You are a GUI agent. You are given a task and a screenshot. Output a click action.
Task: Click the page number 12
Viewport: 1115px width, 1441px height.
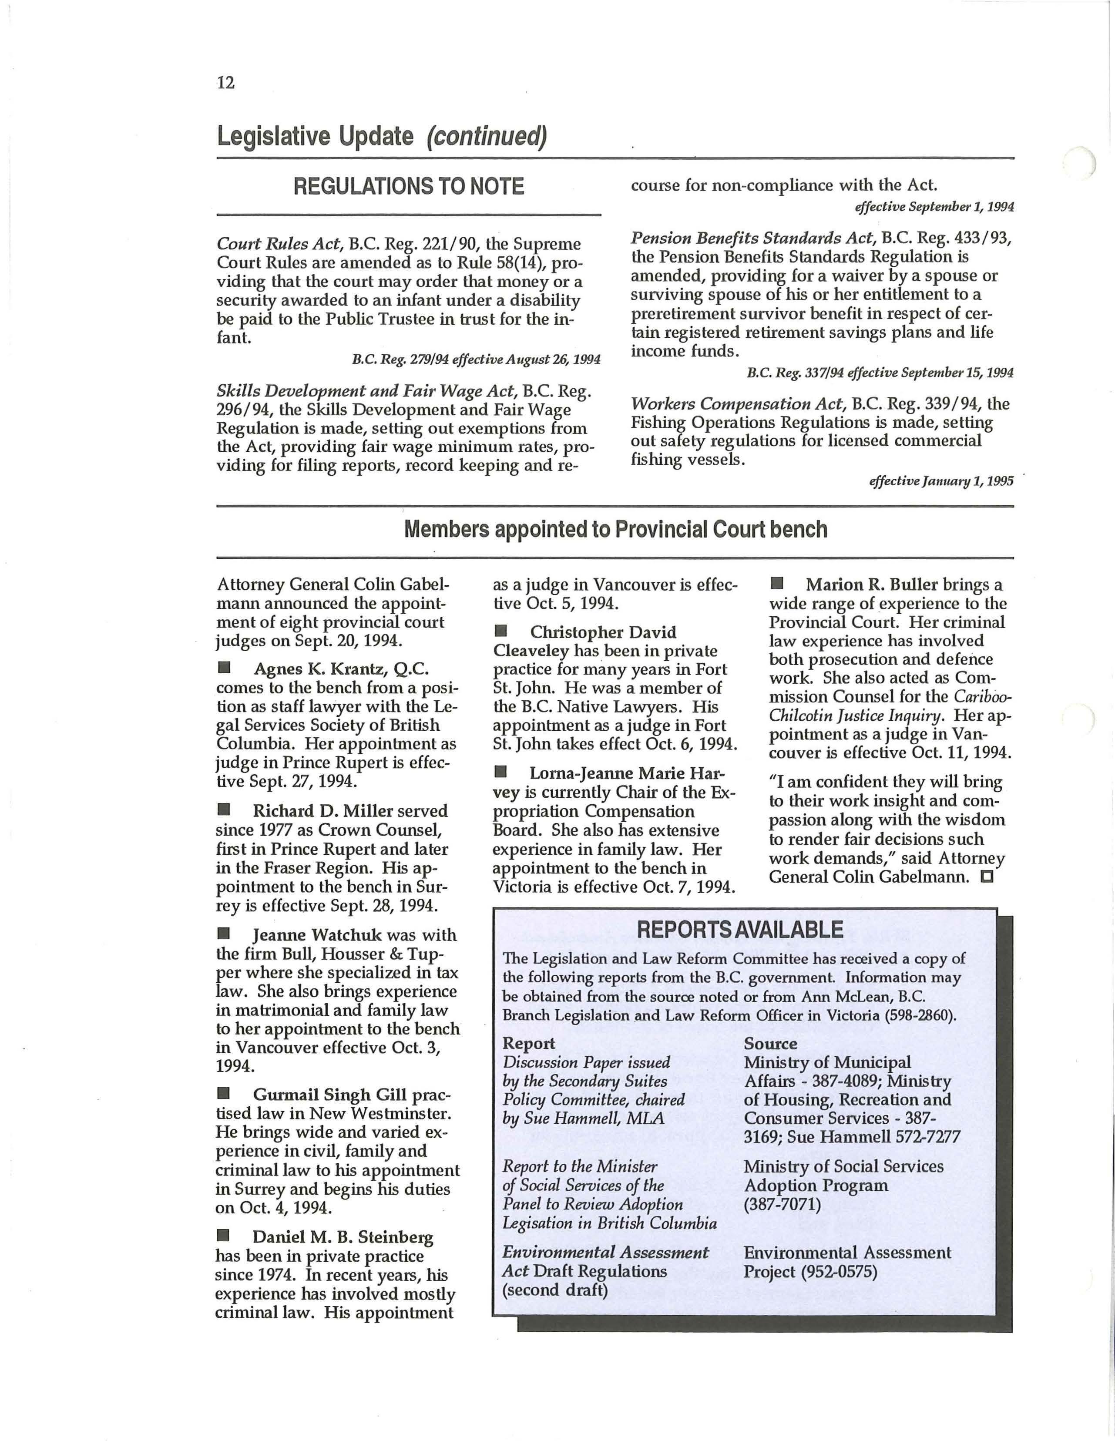coord(225,83)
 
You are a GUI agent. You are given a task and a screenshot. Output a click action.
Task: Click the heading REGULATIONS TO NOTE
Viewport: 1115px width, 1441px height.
coord(408,187)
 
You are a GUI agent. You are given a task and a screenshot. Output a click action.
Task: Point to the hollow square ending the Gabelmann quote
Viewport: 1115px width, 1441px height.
coord(987,877)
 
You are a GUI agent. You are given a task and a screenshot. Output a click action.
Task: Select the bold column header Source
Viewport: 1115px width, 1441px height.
coord(770,1044)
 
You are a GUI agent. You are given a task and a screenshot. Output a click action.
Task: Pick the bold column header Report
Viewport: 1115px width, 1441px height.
coord(528,1044)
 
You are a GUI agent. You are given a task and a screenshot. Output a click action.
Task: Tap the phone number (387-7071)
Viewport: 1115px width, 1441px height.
coord(782,1205)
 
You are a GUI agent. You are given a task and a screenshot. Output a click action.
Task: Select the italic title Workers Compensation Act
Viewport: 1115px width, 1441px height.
coord(738,404)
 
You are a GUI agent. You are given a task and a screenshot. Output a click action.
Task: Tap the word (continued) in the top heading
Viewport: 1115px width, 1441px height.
coord(486,137)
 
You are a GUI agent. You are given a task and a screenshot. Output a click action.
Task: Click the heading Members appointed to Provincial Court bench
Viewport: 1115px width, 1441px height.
coord(615,529)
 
